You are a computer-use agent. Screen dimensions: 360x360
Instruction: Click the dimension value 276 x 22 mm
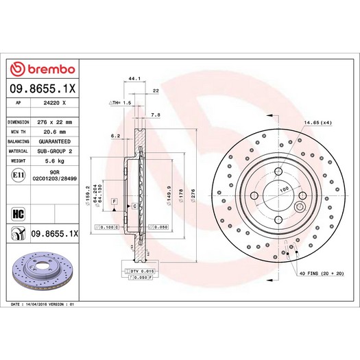pyautogui.click(x=54, y=121)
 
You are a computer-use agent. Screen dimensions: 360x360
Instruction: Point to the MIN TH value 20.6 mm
pyautogui.click(x=54, y=131)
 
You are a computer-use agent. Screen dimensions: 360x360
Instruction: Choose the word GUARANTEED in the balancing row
pyautogui.click(x=54, y=141)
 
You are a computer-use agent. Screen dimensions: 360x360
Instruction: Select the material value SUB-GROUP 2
pyautogui.click(x=54, y=151)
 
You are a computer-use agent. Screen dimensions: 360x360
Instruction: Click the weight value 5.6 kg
pyautogui.click(x=54, y=160)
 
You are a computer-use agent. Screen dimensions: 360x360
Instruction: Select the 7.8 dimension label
pyautogui.click(x=155, y=116)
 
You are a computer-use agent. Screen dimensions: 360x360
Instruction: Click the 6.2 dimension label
pyautogui.click(x=115, y=136)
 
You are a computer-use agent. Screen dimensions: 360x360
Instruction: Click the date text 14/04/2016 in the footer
pyautogui.click(x=52, y=302)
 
